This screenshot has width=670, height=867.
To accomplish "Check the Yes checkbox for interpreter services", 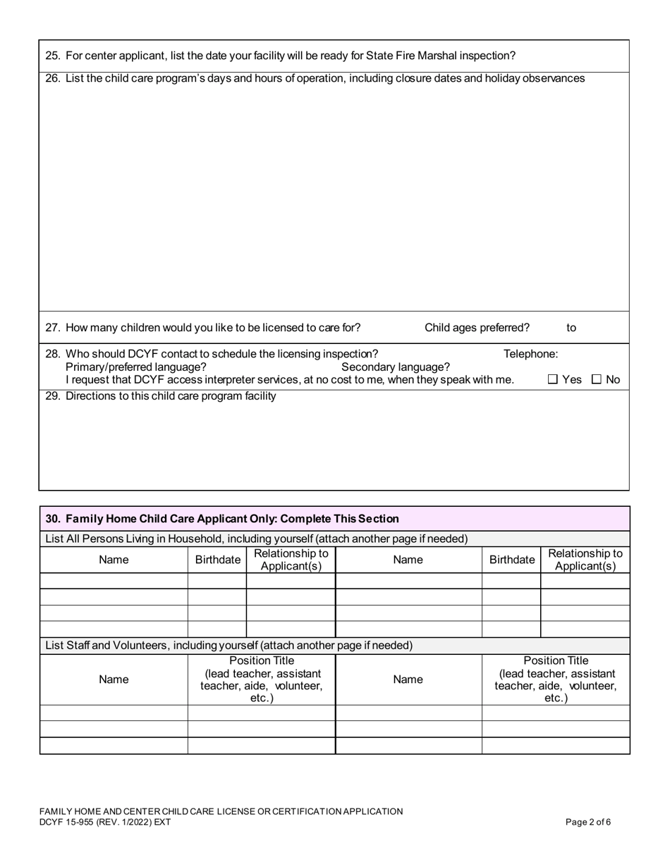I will tap(553, 380).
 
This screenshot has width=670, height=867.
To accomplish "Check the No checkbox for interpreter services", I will tap(597, 380).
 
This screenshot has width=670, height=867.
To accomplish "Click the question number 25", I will tap(52, 56).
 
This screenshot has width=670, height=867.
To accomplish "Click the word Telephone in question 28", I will tap(530, 354).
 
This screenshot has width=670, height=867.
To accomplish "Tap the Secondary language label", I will tap(395, 367).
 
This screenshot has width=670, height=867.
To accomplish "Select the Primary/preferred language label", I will tap(135, 367).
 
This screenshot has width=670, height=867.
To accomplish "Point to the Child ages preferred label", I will tap(477, 328).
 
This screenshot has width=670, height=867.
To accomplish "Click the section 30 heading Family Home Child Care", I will tap(222, 519).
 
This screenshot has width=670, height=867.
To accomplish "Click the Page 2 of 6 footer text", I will tap(588, 822).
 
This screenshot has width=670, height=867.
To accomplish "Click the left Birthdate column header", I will tap(217, 560).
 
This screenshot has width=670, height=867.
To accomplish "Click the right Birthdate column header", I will tap(511, 560).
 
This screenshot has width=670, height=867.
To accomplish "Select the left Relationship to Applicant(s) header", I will tap(291, 560).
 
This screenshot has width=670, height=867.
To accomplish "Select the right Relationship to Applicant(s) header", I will tap(585, 560).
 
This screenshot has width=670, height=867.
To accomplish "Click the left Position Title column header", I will tap(262, 680).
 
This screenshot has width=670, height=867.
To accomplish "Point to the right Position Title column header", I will tap(556, 680).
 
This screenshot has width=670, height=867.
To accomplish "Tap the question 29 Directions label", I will tap(171, 396).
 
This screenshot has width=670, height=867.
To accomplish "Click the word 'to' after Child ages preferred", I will tap(571, 328).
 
